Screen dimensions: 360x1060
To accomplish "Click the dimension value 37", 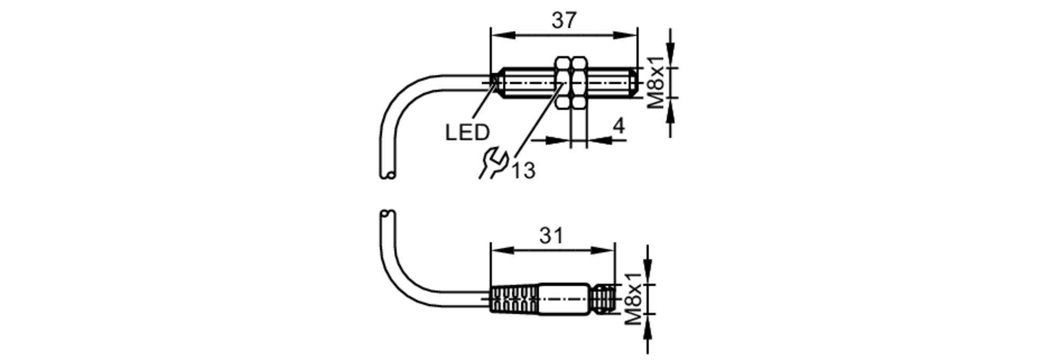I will click(563, 21).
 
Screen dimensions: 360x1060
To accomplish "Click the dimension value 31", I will click(551, 235).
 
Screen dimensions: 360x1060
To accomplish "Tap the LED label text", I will click(467, 133).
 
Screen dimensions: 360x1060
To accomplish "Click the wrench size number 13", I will click(523, 171).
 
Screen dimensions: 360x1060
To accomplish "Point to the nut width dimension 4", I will click(619, 126).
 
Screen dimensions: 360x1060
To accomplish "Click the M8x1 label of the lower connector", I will click(633, 299).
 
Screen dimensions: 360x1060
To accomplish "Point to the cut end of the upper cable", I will click(387, 174).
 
